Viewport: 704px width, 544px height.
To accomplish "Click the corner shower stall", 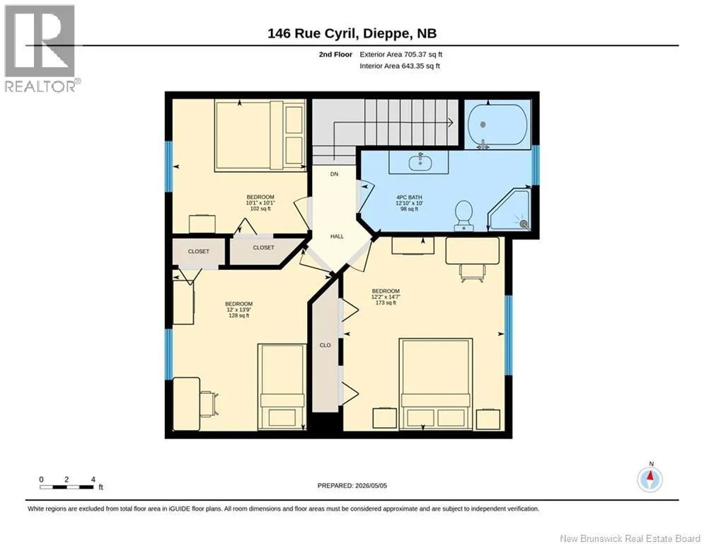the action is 509,210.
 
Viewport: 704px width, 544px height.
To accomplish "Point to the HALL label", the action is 337,236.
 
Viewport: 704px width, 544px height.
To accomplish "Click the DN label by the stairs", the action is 334,174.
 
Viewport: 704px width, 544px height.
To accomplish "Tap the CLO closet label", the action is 325,345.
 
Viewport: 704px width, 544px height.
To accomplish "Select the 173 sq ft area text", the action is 386,303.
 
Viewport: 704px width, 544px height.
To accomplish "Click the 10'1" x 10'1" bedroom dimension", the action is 260,203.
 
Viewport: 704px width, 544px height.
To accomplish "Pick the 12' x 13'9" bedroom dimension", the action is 239,310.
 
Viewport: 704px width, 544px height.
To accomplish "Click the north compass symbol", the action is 650,479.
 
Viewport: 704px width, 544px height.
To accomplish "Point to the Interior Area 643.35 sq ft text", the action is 400,66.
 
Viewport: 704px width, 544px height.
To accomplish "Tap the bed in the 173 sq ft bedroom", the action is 436,384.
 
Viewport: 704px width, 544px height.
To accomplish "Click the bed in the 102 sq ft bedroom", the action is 260,135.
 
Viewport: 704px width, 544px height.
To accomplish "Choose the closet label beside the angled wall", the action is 263,248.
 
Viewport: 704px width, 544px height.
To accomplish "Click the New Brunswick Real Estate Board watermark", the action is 630,538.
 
